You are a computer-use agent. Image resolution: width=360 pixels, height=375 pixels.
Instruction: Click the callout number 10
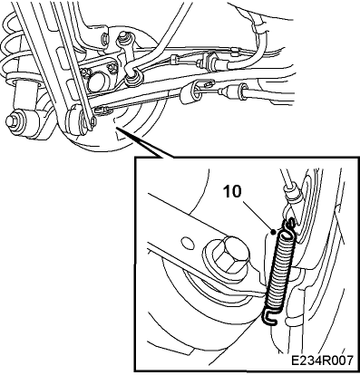point(232,191)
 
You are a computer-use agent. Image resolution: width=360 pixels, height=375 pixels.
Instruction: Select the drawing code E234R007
point(321,361)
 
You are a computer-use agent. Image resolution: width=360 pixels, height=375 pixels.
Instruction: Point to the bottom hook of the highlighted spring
point(269,318)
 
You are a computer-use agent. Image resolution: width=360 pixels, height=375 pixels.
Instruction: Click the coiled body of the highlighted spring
point(279,273)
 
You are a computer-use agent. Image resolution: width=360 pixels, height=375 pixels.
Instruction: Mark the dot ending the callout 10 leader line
point(274,232)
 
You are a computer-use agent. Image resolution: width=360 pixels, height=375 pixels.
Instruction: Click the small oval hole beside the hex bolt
point(188,243)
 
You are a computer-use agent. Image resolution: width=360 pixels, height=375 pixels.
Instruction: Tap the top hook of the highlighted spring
point(288,226)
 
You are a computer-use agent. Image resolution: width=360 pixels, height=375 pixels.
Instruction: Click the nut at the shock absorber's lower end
point(13,120)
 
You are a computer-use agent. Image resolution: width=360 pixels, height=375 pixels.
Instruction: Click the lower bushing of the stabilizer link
point(133,79)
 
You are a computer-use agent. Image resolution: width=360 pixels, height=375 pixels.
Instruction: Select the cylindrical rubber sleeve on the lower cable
point(189,94)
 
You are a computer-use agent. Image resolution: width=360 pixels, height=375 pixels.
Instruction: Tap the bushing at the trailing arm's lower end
point(75,120)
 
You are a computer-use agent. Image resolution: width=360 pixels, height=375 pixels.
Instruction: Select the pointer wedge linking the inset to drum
point(144,143)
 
